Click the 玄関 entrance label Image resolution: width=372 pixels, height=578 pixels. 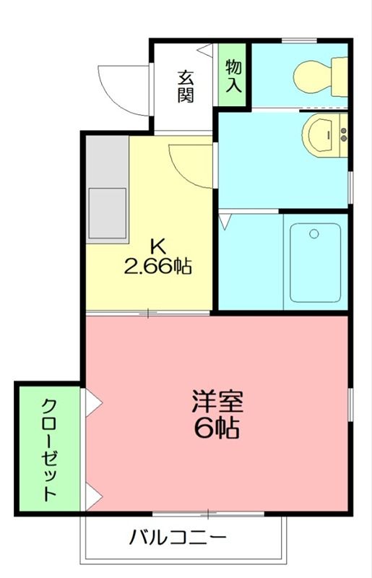(186, 86)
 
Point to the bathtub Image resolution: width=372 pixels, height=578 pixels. (315, 264)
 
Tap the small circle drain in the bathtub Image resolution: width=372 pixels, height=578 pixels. (313, 234)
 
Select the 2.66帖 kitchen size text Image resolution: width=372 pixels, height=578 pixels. (158, 267)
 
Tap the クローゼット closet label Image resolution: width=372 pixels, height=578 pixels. (48, 449)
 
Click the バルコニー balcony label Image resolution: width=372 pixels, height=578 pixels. (178, 538)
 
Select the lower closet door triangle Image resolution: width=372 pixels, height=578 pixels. (92, 496)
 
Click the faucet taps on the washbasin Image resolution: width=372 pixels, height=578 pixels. (343, 134)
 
